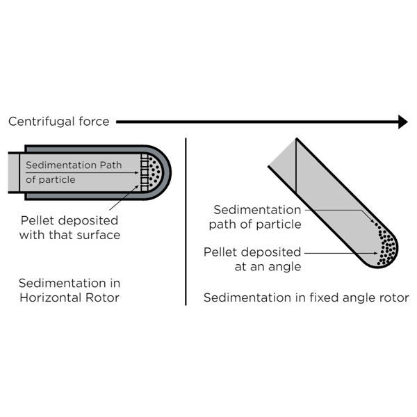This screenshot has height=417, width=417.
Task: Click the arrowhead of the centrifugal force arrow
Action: click(401, 122)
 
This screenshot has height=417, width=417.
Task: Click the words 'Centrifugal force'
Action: click(59, 122)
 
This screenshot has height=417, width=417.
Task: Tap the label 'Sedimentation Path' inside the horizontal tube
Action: click(73, 165)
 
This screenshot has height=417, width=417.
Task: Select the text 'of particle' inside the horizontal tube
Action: click(50, 179)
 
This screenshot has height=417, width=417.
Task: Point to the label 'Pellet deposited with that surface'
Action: click(69, 228)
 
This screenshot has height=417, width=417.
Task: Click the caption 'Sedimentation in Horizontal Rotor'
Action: click(69, 291)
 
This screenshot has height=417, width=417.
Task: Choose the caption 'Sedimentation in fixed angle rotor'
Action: click(306, 298)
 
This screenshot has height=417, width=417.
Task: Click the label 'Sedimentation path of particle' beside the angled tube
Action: click(257, 217)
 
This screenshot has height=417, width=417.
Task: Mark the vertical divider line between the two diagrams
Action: click(186, 222)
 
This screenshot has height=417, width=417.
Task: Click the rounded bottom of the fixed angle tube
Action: click(389, 259)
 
